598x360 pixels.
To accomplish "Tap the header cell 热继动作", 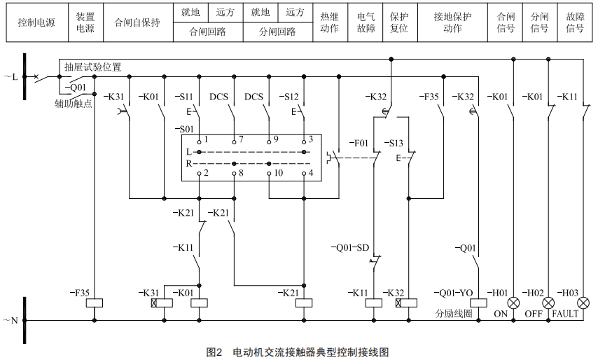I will [x=329, y=22].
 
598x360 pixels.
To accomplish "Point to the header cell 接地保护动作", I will [x=452, y=22].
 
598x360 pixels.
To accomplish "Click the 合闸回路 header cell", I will [x=208, y=32].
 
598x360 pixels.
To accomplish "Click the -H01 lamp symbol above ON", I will [x=514, y=303].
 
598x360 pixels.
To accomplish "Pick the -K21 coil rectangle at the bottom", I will [x=304, y=303].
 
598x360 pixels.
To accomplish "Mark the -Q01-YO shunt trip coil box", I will [x=479, y=303].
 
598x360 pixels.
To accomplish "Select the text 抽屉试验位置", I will [x=92, y=68].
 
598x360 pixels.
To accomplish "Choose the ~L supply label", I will [x=11, y=76].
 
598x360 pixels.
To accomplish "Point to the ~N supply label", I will [x=11, y=320].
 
